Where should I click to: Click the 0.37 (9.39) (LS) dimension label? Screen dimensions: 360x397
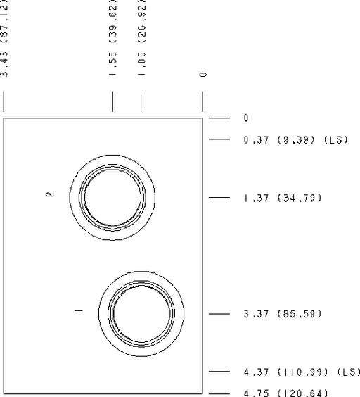point(296,140)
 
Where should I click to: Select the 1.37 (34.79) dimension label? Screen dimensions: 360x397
point(283,198)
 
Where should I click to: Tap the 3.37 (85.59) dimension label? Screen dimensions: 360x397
point(283,314)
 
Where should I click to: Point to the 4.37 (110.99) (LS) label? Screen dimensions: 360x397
point(302,372)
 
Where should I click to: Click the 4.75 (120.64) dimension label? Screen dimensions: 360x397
point(286,393)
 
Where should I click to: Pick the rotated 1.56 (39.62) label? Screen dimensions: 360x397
point(112,38)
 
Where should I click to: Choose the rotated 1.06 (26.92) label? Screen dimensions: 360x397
point(141,38)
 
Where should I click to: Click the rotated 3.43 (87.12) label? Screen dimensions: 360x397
point(4,38)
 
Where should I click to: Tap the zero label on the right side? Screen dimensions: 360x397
point(246,118)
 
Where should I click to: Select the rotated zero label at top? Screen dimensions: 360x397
point(202,74)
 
